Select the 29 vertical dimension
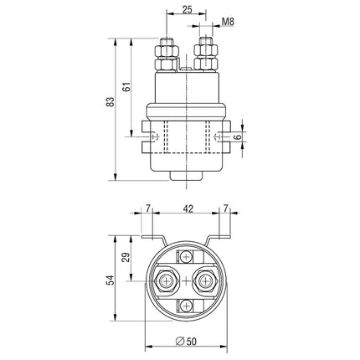pyautogui.click(x=126, y=259)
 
